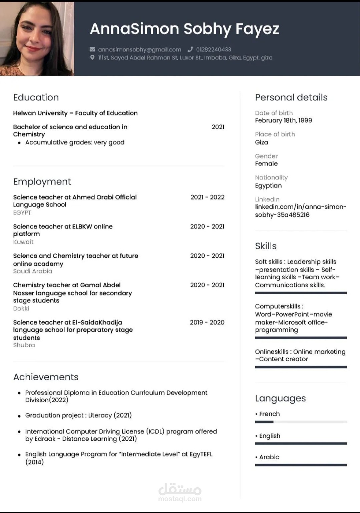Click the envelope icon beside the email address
[x=92, y=49]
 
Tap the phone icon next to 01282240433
[x=190, y=49]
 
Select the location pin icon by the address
[x=92, y=58]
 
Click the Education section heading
[x=36, y=97]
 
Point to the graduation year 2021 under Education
[x=218, y=127]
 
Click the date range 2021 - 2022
[x=207, y=197]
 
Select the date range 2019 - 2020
[x=207, y=322]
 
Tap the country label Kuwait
[x=23, y=242]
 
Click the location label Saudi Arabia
[x=33, y=271]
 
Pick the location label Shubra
[x=24, y=345]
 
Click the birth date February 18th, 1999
[x=283, y=120]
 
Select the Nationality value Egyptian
[x=268, y=186]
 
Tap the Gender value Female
[x=266, y=164]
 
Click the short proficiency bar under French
[x=264, y=422]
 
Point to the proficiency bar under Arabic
[x=301, y=465]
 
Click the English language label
[x=270, y=436]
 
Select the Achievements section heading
[x=46, y=377]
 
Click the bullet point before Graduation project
[x=19, y=416]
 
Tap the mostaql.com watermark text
[x=180, y=499]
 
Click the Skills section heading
[x=266, y=246]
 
